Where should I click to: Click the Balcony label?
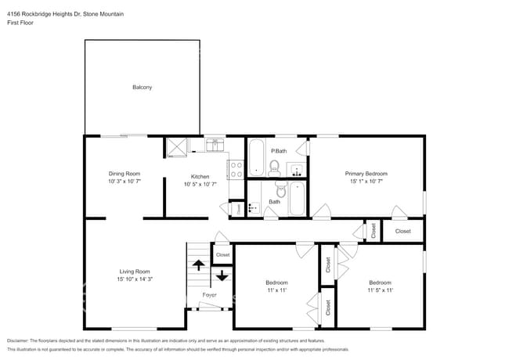pyautogui.click(x=142, y=87)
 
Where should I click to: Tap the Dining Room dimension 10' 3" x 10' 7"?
pyautogui.click(x=124, y=181)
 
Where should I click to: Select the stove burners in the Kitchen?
pyautogui.click(x=235, y=169)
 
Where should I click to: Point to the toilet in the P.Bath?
pyautogui.click(x=274, y=166)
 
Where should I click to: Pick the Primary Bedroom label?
pyautogui.click(x=366, y=173)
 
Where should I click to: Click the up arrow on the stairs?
pyautogui.click(x=199, y=265)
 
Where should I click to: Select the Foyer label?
pyautogui.click(x=209, y=295)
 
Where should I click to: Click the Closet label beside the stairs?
pyautogui.click(x=223, y=254)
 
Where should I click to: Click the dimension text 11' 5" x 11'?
pyautogui.click(x=380, y=290)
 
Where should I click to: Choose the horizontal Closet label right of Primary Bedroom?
pyautogui.click(x=403, y=231)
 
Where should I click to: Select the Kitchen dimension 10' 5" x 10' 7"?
pyautogui.click(x=200, y=185)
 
